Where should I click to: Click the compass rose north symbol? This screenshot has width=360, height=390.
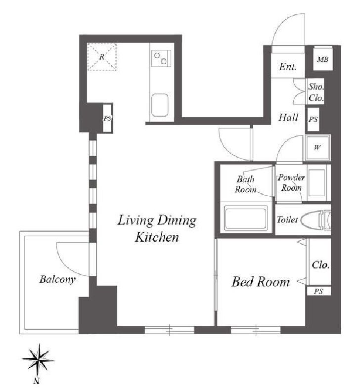[x=38, y=361]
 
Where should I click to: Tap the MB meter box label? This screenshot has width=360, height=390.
[x=323, y=59]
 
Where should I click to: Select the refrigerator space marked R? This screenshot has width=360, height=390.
[x=102, y=57]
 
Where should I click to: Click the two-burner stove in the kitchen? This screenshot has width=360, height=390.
[x=161, y=58]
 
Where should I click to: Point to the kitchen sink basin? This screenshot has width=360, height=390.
[x=160, y=105]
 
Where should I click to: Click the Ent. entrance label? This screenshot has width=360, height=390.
[x=288, y=67]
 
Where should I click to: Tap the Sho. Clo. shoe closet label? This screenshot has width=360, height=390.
[x=316, y=92]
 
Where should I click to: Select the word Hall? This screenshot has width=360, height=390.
[x=288, y=117]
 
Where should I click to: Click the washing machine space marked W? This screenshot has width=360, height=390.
[x=317, y=148]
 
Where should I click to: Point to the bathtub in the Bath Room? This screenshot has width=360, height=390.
[x=246, y=218]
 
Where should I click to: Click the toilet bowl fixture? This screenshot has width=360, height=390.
[x=315, y=219]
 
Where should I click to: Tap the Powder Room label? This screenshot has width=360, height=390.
[x=291, y=182]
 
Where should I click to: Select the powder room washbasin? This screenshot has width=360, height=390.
[x=316, y=182]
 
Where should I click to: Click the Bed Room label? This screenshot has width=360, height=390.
[x=261, y=282]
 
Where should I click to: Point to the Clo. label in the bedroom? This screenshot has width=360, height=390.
[x=320, y=265]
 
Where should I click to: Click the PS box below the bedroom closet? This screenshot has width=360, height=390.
[x=318, y=291]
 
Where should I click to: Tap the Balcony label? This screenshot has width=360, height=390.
[x=57, y=280]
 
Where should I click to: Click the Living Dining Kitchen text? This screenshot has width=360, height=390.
[x=157, y=228]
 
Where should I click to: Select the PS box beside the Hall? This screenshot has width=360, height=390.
[x=313, y=120]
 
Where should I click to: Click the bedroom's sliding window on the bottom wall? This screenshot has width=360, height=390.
[x=256, y=330]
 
